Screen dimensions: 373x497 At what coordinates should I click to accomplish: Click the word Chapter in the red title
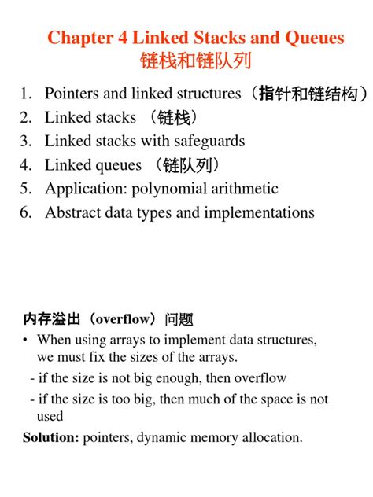(x=77, y=37)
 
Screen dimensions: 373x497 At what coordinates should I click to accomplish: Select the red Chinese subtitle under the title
(x=186, y=61)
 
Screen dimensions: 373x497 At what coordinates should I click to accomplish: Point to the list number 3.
(x=25, y=142)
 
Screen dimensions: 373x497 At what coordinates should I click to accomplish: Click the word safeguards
(x=207, y=142)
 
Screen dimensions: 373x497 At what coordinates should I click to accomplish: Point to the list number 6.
(x=25, y=212)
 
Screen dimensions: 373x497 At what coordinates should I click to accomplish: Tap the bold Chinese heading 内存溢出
(x=50, y=319)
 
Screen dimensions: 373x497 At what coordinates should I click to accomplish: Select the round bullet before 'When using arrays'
(x=27, y=340)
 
